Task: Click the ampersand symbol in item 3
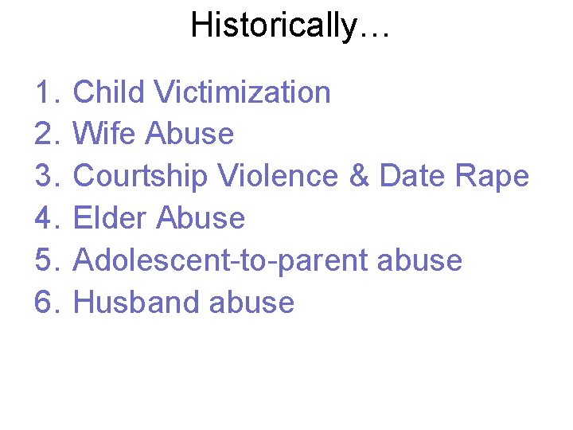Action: [360, 176]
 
